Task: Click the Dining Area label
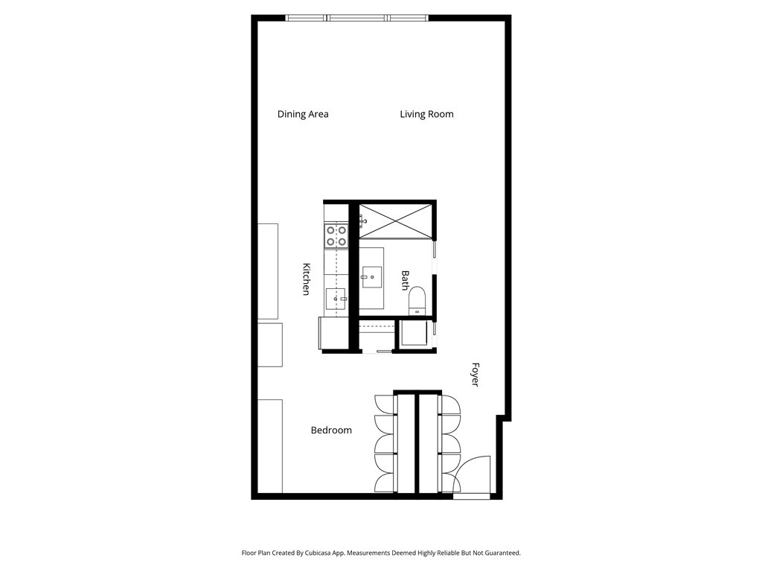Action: click(x=303, y=114)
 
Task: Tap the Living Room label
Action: click(x=426, y=114)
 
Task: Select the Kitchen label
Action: click(x=306, y=279)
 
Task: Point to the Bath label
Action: click(x=405, y=281)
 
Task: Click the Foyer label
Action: click(x=476, y=375)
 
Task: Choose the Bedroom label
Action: click(x=331, y=430)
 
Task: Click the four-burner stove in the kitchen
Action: click(x=336, y=235)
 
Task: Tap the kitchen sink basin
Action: click(x=336, y=299)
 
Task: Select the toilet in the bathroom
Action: click(x=417, y=301)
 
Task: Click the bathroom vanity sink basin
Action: click(x=372, y=277)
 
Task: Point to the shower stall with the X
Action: click(x=396, y=221)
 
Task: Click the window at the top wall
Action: click(x=357, y=18)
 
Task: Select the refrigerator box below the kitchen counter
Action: click(x=333, y=333)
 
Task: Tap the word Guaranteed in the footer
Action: click(x=504, y=553)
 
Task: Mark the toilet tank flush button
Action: click(x=417, y=312)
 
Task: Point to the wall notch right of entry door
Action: click(x=504, y=419)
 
